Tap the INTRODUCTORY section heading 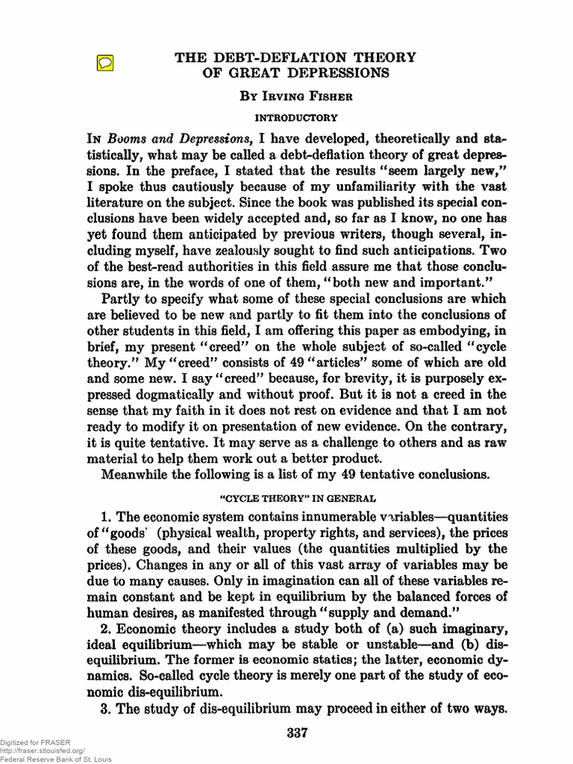coord(296,117)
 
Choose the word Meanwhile coord(139,476)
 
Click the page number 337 coord(297,733)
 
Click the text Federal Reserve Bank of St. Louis coord(56,759)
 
